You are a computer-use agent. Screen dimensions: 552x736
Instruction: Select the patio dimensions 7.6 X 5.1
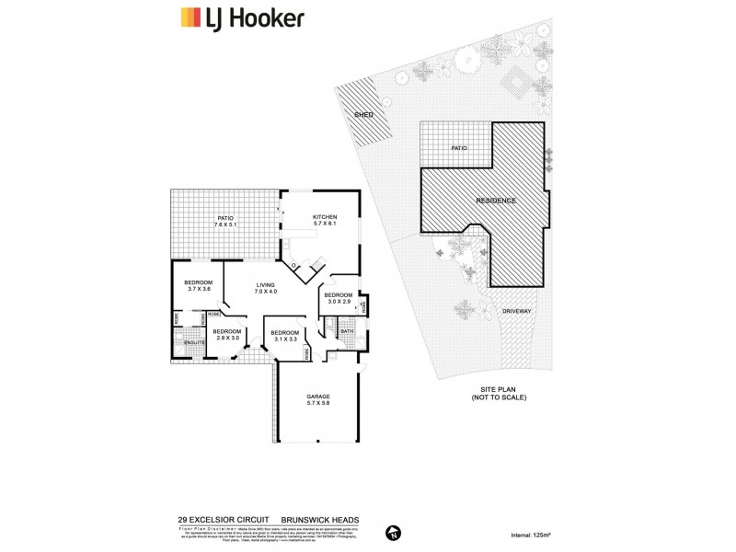click(x=225, y=224)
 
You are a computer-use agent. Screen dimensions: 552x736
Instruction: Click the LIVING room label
click(x=266, y=285)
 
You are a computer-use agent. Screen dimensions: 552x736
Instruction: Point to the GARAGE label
click(x=317, y=397)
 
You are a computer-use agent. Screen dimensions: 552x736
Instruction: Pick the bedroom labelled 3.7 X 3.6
click(x=199, y=285)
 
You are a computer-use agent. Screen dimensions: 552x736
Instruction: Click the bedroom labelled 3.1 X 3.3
click(x=284, y=336)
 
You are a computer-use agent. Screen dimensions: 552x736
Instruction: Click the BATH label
click(x=347, y=330)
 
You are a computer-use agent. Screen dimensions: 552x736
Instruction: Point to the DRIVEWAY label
click(x=516, y=312)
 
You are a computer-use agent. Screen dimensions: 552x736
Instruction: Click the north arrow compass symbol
click(x=393, y=531)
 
